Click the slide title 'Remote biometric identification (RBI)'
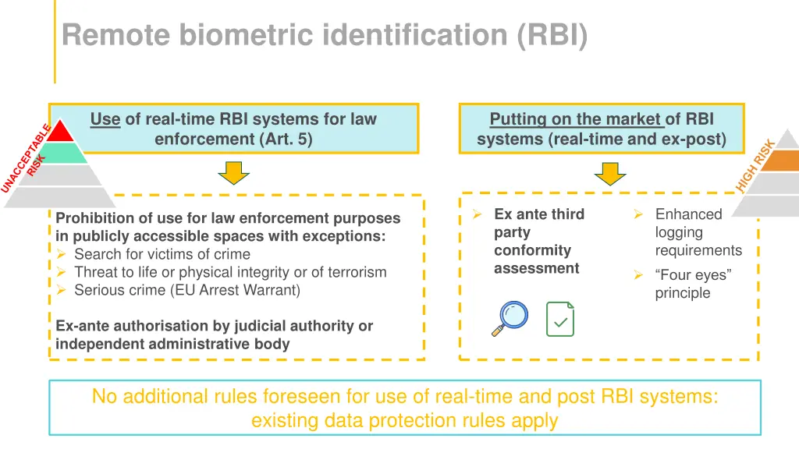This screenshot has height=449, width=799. point(325,35)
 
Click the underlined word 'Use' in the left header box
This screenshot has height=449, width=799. point(105,119)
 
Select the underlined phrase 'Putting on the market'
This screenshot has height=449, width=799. point(576,119)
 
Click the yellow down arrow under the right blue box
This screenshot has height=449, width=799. point(610,173)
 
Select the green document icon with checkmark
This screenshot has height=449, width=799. point(559,319)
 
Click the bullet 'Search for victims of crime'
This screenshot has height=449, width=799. point(162,254)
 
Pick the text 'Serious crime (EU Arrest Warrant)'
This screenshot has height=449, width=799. point(187,290)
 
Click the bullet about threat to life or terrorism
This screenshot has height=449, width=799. point(230,272)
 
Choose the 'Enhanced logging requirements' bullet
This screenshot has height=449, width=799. point(698,232)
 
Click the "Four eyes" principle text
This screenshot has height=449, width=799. point(693,284)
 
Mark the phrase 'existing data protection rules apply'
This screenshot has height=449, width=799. point(404,421)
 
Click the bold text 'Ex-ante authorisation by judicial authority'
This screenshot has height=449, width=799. point(215,326)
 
